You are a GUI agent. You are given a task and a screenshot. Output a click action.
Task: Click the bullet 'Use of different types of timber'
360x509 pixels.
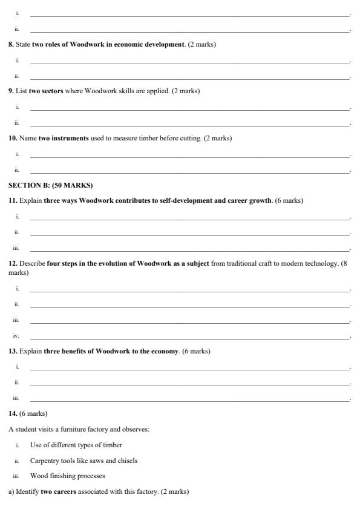[72, 445]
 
